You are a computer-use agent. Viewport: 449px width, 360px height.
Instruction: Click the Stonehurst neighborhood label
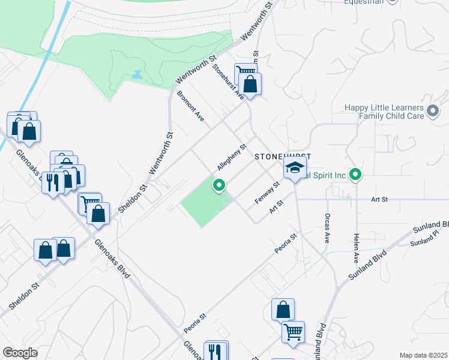pos(282,156)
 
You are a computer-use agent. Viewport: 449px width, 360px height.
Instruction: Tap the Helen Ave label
pos(356,248)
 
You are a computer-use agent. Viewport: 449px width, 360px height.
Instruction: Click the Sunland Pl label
pos(425,242)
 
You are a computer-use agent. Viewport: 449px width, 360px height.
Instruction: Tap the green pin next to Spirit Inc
pos(355,175)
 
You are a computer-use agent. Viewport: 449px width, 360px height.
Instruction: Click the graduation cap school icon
pos(295,169)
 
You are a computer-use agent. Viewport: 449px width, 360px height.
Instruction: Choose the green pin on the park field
pos(219,186)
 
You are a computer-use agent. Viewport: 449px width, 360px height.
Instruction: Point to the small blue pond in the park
pos(137,76)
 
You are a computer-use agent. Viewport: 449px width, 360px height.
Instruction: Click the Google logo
pos(20,353)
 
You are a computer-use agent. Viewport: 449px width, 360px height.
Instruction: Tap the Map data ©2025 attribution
pos(423,355)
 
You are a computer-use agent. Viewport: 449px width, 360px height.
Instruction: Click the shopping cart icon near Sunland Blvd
pos(294,331)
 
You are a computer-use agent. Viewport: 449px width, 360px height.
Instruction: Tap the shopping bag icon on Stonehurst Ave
pos(250,83)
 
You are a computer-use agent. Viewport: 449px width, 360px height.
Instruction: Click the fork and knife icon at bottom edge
pos(215,350)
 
